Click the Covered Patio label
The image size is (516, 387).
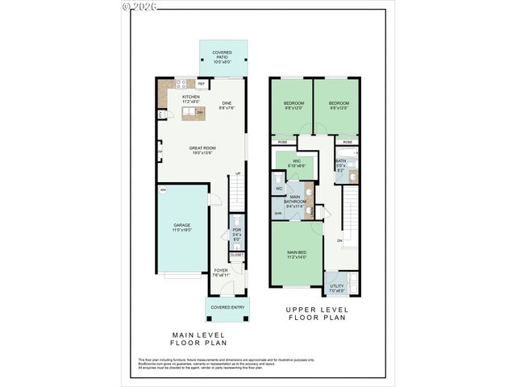(x=222, y=56)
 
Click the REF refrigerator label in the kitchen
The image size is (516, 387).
(x=201, y=84)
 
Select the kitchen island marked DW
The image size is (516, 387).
(x=194, y=114)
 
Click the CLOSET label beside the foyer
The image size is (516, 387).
(x=236, y=255)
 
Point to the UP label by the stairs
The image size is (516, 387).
(x=238, y=173)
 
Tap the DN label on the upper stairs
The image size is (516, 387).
(x=340, y=240)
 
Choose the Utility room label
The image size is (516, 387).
(x=337, y=288)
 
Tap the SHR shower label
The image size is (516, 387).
(x=278, y=213)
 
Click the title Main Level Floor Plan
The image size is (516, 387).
(x=198, y=339)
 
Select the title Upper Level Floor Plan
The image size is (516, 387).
(x=315, y=314)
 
